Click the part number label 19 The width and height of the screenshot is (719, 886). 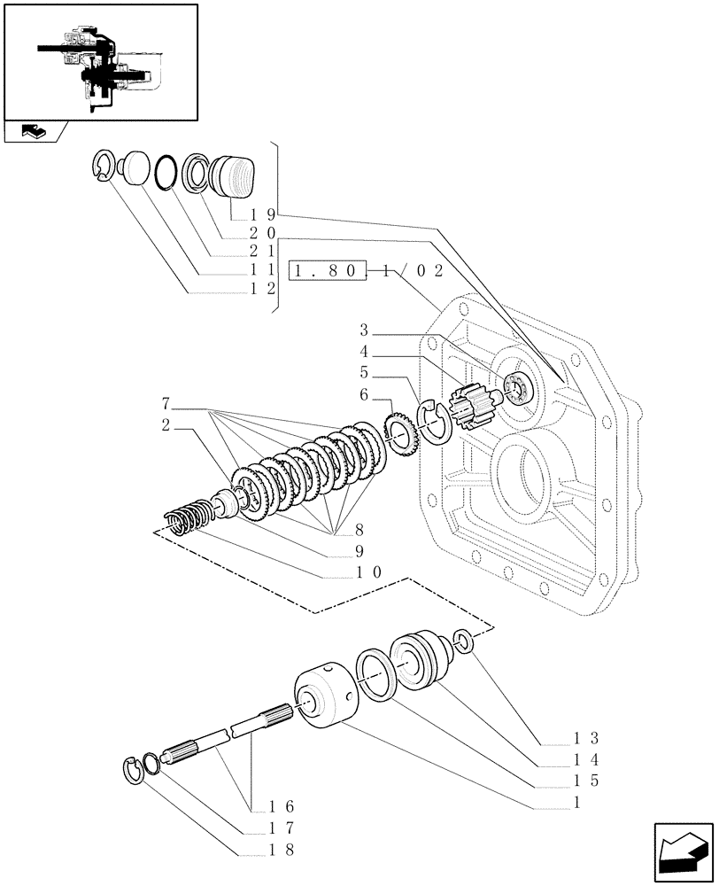click(x=263, y=214)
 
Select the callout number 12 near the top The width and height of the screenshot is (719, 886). click(x=263, y=289)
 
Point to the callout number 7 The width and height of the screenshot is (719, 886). click(x=166, y=403)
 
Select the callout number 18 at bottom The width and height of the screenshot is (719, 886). click(x=282, y=849)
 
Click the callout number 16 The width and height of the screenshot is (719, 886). click(x=282, y=806)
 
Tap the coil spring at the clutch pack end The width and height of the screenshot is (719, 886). click(x=187, y=519)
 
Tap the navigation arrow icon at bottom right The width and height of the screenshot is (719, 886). click(x=682, y=852)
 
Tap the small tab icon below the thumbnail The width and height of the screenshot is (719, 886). click(x=33, y=132)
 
